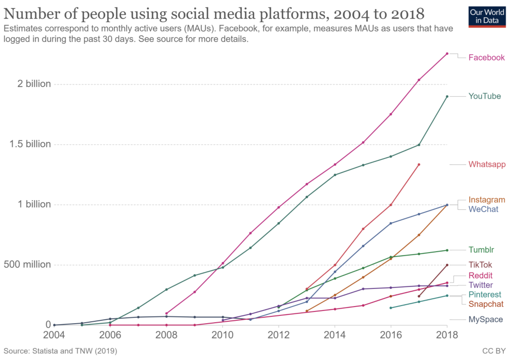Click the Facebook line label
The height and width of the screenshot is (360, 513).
tap(486, 57)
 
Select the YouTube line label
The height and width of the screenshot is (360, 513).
tap(485, 96)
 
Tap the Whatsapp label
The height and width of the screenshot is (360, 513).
tap(487, 164)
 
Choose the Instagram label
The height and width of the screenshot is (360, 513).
tap(487, 200)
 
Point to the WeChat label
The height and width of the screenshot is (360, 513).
tap(483, 209)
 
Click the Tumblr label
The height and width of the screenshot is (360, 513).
tap(481, 250)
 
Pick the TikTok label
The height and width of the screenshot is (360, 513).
tap(480, 265)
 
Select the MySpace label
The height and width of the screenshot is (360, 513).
tap(485, 319)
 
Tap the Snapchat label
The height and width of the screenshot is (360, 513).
tap(486, 304)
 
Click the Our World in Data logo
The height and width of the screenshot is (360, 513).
tap(487, 16)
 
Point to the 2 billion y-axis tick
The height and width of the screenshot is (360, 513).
tap(34, 84)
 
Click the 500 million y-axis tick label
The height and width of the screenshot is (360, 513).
tap(27, 264)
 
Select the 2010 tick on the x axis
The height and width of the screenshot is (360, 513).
tap(222, 335)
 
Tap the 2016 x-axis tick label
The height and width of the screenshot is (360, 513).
tap(391, 335)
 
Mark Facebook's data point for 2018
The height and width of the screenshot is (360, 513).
tap(447, 54)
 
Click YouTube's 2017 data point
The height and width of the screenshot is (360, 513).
tap(419, 145)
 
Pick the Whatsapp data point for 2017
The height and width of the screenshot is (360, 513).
tap(419, 165)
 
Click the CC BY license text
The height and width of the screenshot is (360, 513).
tap(494, 351)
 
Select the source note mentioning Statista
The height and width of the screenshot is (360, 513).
tap(60, 351)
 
